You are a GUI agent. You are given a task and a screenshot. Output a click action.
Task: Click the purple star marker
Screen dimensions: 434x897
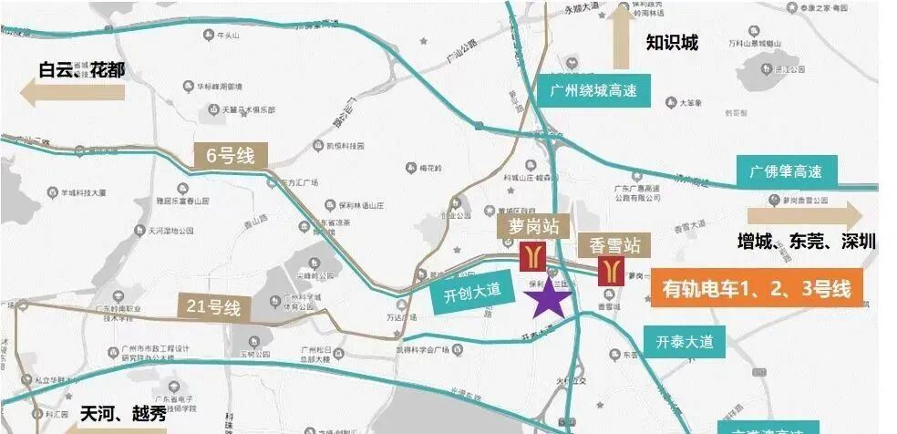pos(550,299)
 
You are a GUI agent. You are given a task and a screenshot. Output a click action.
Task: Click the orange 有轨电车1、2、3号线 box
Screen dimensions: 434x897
pos(756,290)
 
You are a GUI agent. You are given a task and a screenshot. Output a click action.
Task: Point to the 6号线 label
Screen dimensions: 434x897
pos(230,156)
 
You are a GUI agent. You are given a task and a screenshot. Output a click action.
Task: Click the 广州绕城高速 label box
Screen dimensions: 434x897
pos(593,89)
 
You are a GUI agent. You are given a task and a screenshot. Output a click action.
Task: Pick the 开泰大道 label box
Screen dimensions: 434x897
pos(684,342)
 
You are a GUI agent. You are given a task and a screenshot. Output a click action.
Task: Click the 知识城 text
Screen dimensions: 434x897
pos(672,42)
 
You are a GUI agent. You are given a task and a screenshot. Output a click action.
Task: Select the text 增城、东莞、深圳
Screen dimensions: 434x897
pos(806,242)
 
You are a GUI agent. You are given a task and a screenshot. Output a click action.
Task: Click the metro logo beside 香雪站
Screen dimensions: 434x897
pos(610,272)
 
